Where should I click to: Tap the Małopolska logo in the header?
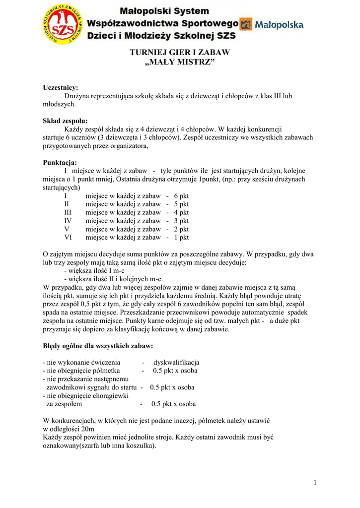tap(272, 24)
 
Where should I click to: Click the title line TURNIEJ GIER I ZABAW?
tap(180, 52)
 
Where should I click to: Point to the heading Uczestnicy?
tap(61, 88)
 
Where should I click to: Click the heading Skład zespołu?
tap(65, 121)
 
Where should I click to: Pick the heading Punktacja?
tap(60, 162)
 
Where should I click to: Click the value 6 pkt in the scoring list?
tap(181, 196)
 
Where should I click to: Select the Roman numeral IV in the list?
tap(68, 221)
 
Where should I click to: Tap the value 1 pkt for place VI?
tap(181, 238)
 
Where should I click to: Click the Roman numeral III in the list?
tap(68, 212)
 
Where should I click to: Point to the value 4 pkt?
tap(181, 212)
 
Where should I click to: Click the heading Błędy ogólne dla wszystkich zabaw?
tap(98, 345)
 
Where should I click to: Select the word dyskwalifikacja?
tap(176, 362)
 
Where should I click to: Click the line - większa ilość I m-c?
tap(94, 271)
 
